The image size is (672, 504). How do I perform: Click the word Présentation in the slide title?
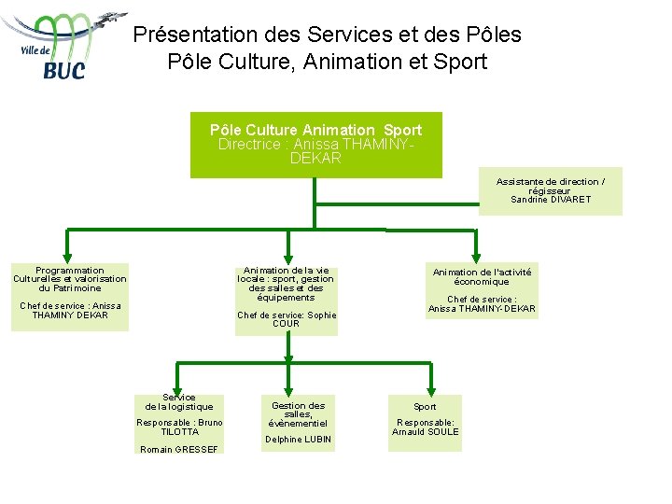click(194, 35)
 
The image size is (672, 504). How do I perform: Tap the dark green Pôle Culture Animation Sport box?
click(315, 145)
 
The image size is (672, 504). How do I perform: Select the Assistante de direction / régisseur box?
click(550, 191)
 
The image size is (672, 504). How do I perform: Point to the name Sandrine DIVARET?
click(551, 200)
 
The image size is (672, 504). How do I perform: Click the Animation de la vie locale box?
click(286, 299)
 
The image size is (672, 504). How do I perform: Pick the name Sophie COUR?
click(287, 319)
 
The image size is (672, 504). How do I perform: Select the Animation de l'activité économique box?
click(482, 289)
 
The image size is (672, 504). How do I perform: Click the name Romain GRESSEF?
click(179, 449)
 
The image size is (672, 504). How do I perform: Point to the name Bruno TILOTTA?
click(179, 427)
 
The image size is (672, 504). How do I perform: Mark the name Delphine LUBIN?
click(298, 439)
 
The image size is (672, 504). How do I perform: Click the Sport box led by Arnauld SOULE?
click(425, 422)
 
